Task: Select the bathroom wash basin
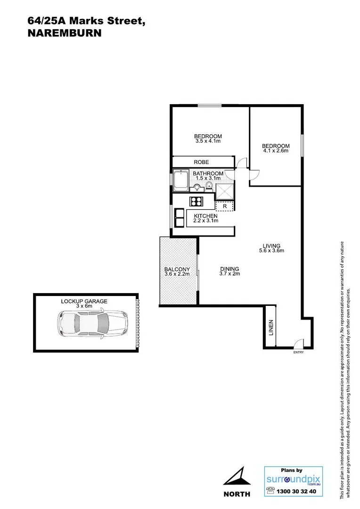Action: (197, 188)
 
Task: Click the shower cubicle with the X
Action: (225, 191)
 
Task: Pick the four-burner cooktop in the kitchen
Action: (196, 202)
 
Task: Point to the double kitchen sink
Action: (180, 218)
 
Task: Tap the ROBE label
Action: (201, 162)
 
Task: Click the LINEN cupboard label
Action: (270, 328)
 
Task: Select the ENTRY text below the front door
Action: (298, 353)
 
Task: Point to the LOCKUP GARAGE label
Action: (84, 301)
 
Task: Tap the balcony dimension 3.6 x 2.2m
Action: (177, 274)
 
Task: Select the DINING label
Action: (229, 269)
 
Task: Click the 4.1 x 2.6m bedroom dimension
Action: (276, 151)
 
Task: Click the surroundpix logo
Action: (294, 480)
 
